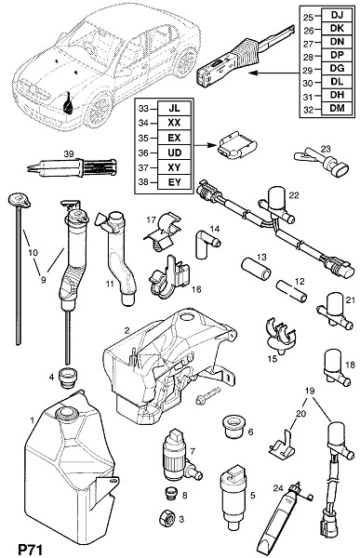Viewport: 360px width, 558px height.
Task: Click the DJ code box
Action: click(x=337, y=15)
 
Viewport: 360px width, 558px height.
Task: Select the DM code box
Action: click(x=337, y=108)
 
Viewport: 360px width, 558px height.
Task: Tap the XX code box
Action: click(x=174, y=123)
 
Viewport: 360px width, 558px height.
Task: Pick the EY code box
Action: click(x=174, y=182)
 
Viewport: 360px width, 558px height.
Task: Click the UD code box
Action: click(x=174, y=153)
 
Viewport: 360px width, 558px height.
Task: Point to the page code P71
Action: click(x=31, y=550)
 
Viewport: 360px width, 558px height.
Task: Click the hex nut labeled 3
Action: click(x=167, y=518)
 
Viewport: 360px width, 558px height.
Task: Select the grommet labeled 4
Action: click(x=69, y=379)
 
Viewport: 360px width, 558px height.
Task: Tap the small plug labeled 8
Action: click(x=172, y=494)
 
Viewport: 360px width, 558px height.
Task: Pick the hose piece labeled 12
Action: click(x=291, y=290)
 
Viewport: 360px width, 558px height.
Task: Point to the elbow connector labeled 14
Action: click(x=207, y=244)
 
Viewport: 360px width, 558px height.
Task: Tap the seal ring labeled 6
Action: click(x=233, y=427)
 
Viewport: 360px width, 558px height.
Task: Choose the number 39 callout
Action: click(x=69, y=153)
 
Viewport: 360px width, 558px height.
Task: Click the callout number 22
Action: click(x=294, y=195)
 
